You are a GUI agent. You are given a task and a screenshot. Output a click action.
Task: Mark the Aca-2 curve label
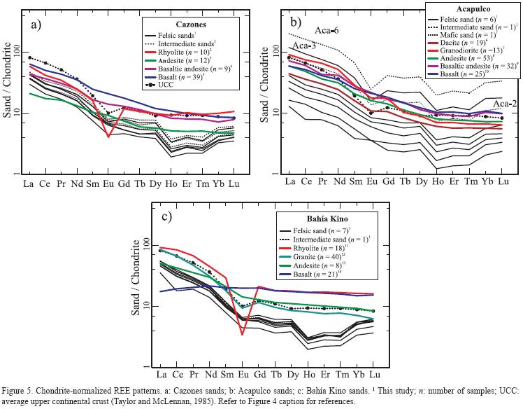[x=504, y=104]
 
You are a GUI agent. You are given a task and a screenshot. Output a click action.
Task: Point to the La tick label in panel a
[x=29, y=183]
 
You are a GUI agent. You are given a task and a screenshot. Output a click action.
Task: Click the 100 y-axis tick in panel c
[x=145, y=242]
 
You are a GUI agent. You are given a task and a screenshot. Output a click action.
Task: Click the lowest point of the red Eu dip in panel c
[x=242, y=335]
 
